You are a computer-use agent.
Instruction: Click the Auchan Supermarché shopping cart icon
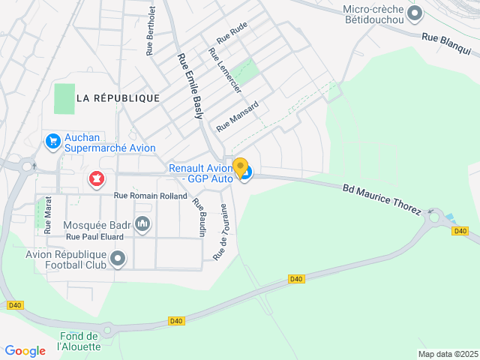click(52, 141)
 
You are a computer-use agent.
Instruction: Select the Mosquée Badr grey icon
click(142, 223)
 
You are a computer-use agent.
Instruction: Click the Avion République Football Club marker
click(118, 259)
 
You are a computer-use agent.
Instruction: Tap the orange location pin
click(241, 167)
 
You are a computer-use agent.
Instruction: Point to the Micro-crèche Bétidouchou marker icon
click(415, 13)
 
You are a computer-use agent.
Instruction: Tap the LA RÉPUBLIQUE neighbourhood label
click(118, 98)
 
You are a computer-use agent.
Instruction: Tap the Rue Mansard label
click(238, 116)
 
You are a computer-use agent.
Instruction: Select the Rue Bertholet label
click(151, 31)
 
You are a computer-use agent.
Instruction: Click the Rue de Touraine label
click(220, 232)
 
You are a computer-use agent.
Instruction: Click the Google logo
click(25, 351)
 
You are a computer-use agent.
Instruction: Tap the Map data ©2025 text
click(447, 354)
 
